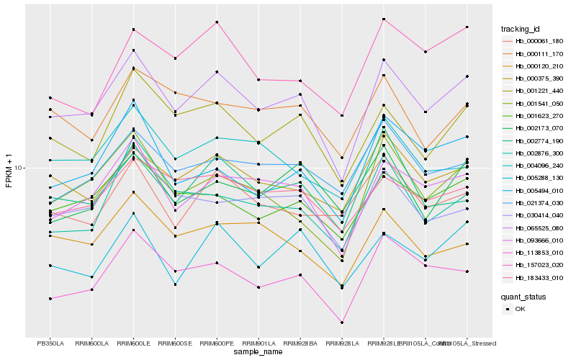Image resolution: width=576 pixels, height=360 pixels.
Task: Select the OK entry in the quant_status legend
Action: click(x=520, y=308)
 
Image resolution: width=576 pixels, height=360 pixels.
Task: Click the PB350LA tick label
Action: click(x=50, y=343)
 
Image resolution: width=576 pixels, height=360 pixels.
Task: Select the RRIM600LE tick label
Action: click(x=133, y=343)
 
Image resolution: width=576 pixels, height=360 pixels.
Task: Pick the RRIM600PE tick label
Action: click(x=217, y=343)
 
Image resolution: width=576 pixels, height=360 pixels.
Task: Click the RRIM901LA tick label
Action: click(x=258, y=343)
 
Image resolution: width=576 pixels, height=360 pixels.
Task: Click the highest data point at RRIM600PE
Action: click(x=217, y=22)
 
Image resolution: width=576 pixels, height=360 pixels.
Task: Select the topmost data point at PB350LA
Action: click(x=50, y=98)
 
